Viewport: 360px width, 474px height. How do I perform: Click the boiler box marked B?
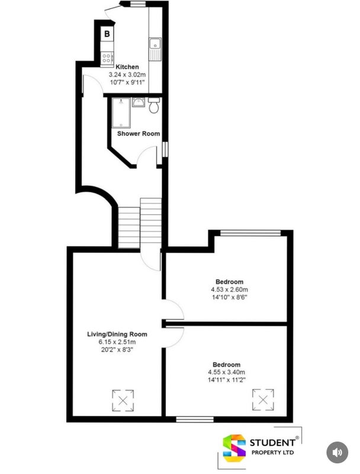pos(107,34)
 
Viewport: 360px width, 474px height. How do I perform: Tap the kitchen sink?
pos(155,49)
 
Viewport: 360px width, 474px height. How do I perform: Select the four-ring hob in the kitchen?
pos(107,57)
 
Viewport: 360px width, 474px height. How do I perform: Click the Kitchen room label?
pos(127,67)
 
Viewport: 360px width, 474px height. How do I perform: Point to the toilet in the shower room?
pos(154,105)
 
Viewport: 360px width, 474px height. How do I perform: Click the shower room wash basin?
pos(139,102)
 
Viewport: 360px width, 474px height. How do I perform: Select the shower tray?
pos(121,113)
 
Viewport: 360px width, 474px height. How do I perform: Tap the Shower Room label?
pos(139,133)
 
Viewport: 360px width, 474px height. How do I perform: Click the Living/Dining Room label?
pos(117,334)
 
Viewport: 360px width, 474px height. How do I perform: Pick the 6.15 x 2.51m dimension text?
pos(117,342)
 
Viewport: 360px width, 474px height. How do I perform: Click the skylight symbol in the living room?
pos(123,401)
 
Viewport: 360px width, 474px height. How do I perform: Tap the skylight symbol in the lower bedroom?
pos(263,399)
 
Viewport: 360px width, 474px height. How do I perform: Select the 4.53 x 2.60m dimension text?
pos(230,290)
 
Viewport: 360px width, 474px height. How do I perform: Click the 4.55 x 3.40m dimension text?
pos(227,372)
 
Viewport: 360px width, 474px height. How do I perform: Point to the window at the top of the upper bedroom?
pos(250,233)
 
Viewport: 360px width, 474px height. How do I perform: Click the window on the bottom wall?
pos(195,419)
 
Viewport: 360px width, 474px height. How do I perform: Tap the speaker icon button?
pos(337,453)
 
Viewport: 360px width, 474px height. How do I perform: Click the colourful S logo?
pos(234,449)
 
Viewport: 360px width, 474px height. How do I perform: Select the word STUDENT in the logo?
pos(272,443)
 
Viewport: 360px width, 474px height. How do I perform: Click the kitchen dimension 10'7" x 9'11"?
pos(127,82)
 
